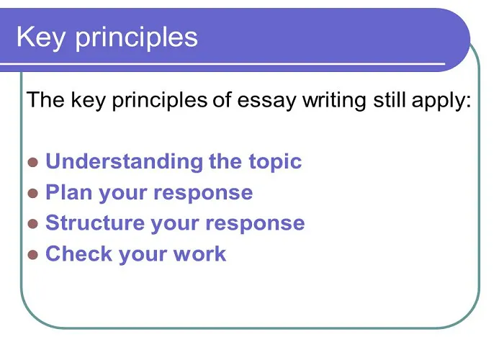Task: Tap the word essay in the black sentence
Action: [x=266, y=101]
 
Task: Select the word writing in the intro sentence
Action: [x=334, y=100]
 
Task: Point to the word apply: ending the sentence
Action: [x=441, y=101]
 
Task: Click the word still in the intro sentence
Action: [x=389, y=99]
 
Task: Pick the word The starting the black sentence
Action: [x=45, y=99]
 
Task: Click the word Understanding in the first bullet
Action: [x=125, y=161]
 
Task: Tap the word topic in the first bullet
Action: [x=275, y=162]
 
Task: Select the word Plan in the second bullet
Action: [x=69, y=192]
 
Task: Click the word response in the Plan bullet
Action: [x=203, y=194]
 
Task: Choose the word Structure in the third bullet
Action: [x=95, y=222]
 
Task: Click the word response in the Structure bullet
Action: [x=255, y=224]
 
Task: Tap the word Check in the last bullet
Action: [x=78, y=253]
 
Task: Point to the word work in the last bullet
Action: [x=199, y=253]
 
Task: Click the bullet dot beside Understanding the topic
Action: [x=33, y=163]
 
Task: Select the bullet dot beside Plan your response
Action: [x=33, y=194]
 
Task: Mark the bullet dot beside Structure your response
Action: [x=33, y=224]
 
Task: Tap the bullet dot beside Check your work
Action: [x=33, y=255]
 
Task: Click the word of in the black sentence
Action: [x=222, y=99]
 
